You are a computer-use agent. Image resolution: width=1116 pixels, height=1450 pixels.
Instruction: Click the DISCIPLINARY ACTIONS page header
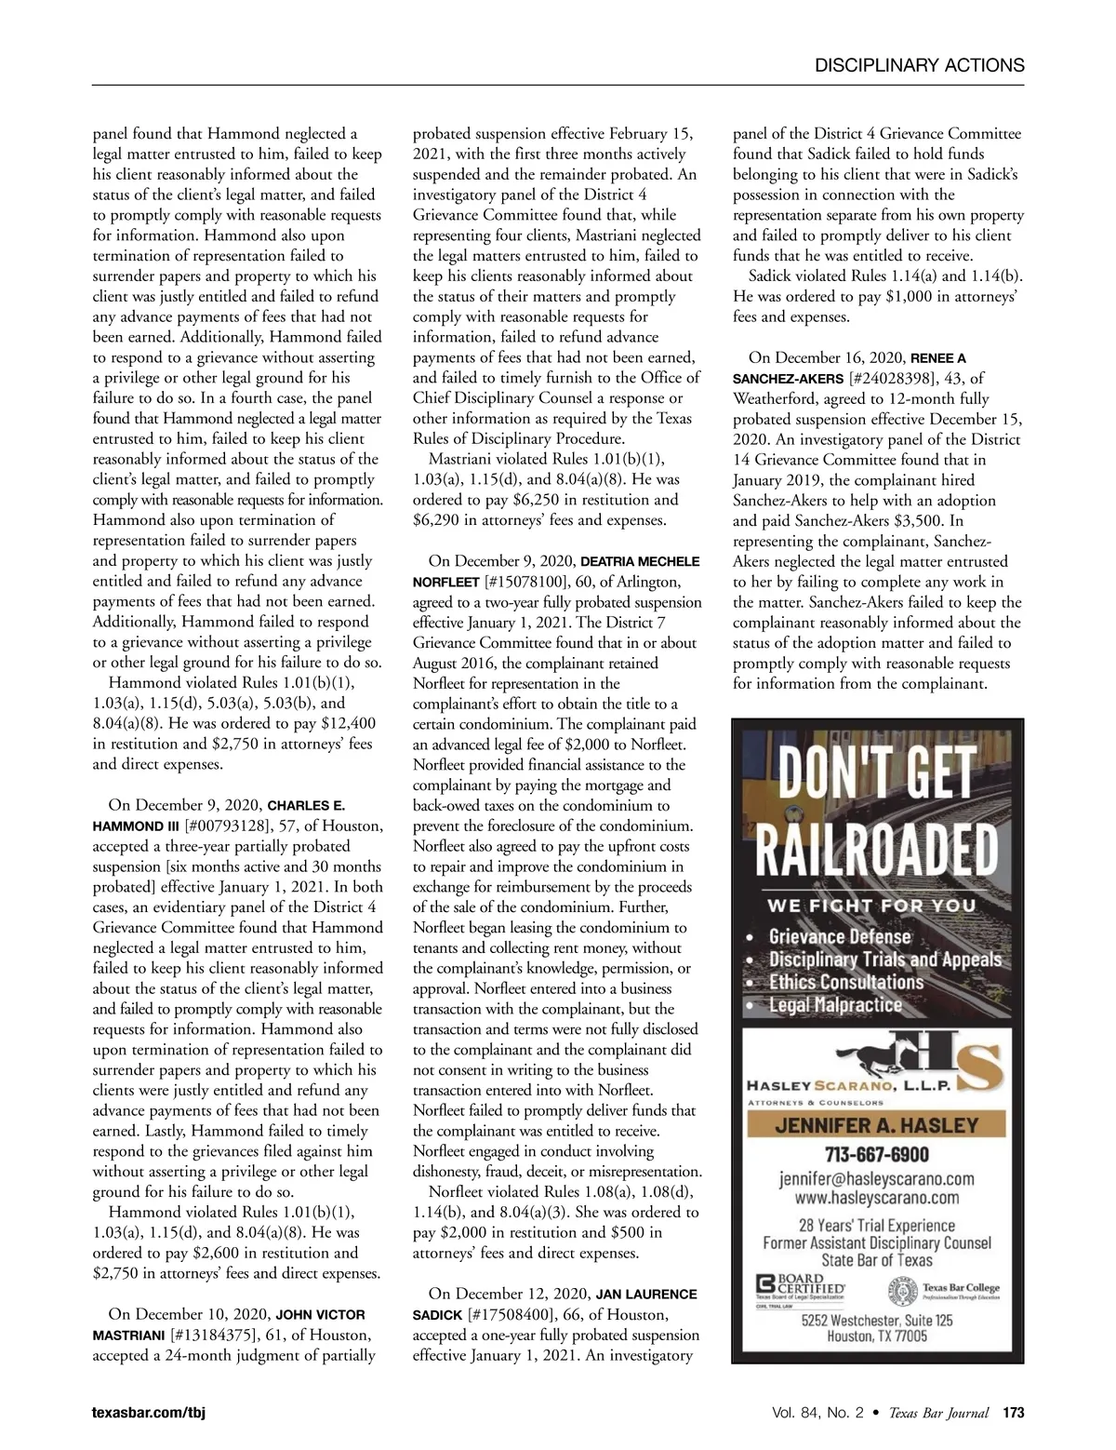[919, 65]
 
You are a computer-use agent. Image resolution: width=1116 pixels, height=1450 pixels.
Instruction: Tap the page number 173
[1013, 1413]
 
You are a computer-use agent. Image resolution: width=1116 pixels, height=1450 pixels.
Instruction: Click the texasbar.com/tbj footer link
[149, 1413]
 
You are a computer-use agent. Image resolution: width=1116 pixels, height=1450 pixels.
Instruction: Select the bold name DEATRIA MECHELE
[640, 561]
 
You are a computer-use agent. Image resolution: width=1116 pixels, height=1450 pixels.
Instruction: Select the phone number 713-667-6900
[878, 1154]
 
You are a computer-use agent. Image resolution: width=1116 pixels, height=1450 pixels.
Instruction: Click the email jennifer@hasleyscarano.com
[877, 1179]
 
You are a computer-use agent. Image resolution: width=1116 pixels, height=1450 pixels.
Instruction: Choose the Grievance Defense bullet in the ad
[839, 936]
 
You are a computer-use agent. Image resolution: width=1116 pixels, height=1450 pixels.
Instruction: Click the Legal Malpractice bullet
[834, 1005]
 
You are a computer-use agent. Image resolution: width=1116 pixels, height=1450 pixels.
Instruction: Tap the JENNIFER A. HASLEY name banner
[877, 1125]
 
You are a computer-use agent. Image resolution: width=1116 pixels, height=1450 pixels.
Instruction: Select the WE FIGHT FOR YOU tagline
[870, 906]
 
